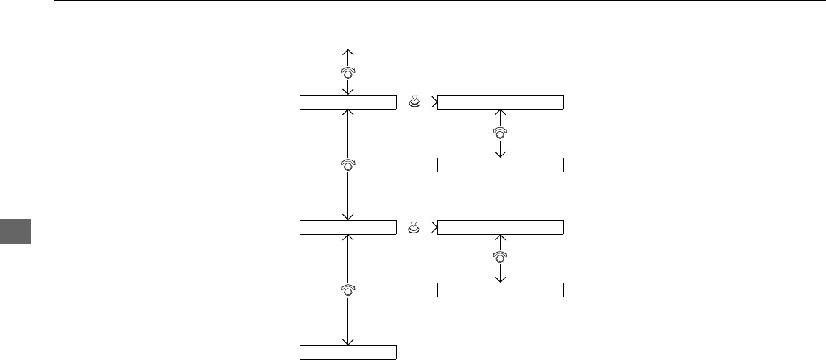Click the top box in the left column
coord(348,102)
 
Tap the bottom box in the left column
coord(348,352)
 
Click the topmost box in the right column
coord(501,102)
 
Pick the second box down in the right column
coord(501,164)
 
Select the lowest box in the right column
coord(501,289)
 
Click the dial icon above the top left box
coord(348,72)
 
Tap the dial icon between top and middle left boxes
coord(348,165)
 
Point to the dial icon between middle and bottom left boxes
coord(348,290)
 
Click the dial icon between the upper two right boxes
coord(501,133)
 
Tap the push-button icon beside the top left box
coord(414,102)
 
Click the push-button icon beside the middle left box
coord(414,227)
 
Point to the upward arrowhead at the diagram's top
coord(348,52)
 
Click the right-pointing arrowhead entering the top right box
coord(434,102)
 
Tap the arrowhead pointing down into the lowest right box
coord(501,278)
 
